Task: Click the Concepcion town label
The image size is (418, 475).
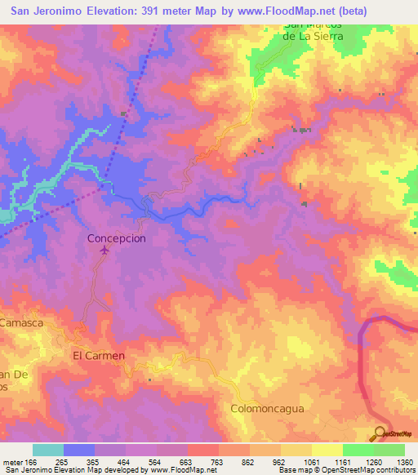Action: tap(117, 238)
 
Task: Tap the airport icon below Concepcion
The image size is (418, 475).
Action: tap(104, 251)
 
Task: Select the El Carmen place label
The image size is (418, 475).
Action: tap(99, 355)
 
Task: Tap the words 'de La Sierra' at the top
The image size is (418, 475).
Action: tap(308, 36)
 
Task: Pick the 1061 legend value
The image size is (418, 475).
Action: tap(312, 463)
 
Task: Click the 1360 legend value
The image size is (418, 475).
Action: tap(403, 463)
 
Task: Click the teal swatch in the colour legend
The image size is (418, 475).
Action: tap(48, 450)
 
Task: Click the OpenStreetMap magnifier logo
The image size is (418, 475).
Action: tap(379, 434)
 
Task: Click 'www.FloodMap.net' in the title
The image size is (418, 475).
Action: tap(262, 11)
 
